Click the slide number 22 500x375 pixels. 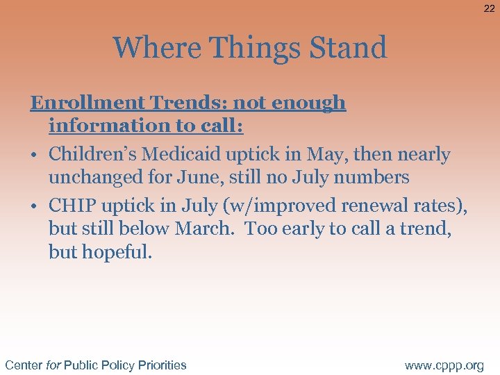pos(489,8)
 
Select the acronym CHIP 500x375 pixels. pos(72,206)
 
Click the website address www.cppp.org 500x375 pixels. pos(444,365)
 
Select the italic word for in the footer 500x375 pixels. pos(53,365)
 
